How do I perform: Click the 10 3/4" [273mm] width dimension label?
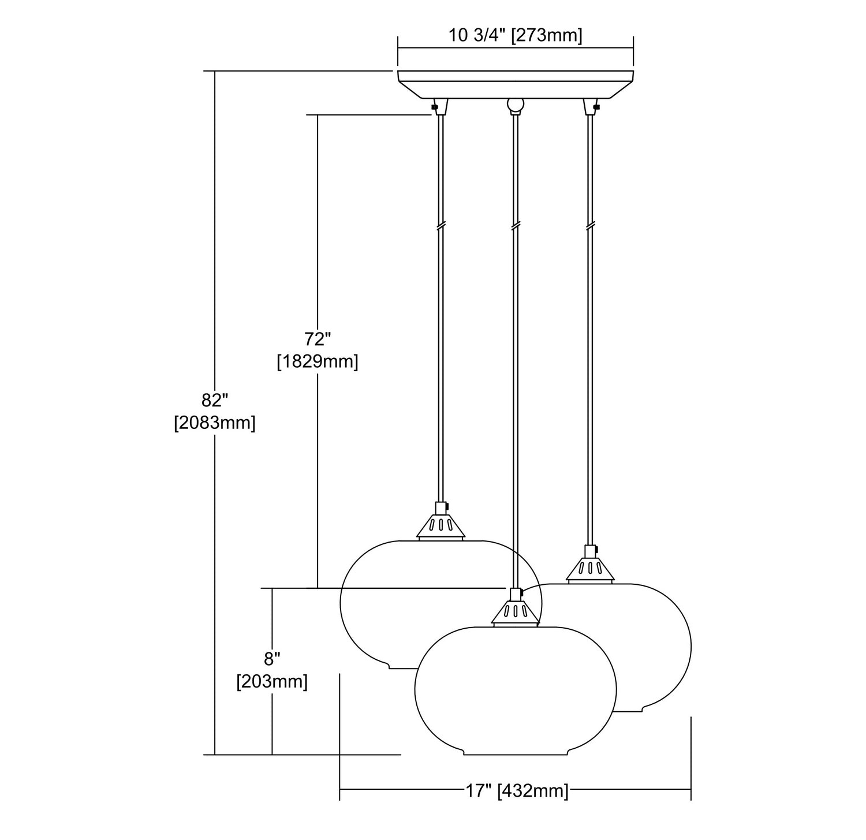(516, 36)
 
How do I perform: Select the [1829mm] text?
(317, 362)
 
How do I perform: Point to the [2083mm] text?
(215, 423)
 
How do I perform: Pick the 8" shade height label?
(272, 658)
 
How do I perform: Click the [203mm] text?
(272, 682)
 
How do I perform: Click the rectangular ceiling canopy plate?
(516, 84)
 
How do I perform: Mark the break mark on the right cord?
(590, 226)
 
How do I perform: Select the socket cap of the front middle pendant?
(515, 608)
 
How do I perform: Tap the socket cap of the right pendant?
(589, 565)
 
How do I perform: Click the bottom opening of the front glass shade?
(515, 752)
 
